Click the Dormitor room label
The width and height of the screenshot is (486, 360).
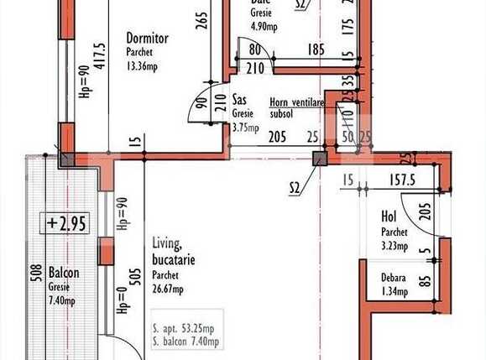pyautogui.click(x=148, y=38)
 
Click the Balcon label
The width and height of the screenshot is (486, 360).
pyautogui.click(x=64, y=273)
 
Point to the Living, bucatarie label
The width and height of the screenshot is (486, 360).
pyautogui.click(x=174, y=253)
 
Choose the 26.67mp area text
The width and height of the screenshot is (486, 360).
pyautogui.click(x=169, y=290)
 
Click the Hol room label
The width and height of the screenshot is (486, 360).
pyautogui.click(x=389, y=216)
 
